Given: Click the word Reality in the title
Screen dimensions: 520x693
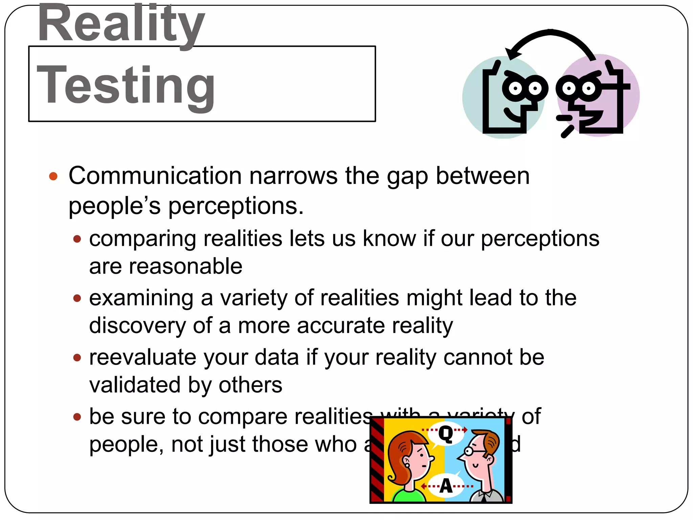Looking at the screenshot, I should pyautogui.click(x=121, y=24).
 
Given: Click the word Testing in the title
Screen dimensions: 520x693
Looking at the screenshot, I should pyautogui.click(x=126, y=85).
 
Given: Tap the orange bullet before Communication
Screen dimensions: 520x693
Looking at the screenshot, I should pyautogui.click(x=53, y=176).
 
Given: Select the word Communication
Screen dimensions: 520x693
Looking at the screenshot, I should pyautogui.click(x=155, y=176).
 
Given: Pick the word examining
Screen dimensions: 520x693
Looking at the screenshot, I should pyautogui.click(x=141, y=298).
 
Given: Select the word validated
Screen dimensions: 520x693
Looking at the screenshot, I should pyautogui.click(x=134, y=385).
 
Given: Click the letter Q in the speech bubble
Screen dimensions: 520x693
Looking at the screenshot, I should pyautogui.click(x=446, y=434).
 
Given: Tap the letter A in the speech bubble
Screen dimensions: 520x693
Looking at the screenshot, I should pyautogui.click(x=446, y=486).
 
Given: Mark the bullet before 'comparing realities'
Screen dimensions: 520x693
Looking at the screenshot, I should pyautogui.click(x=77, y=239).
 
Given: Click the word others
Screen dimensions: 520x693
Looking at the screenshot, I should pyautogui.click(x=250, y=385).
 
